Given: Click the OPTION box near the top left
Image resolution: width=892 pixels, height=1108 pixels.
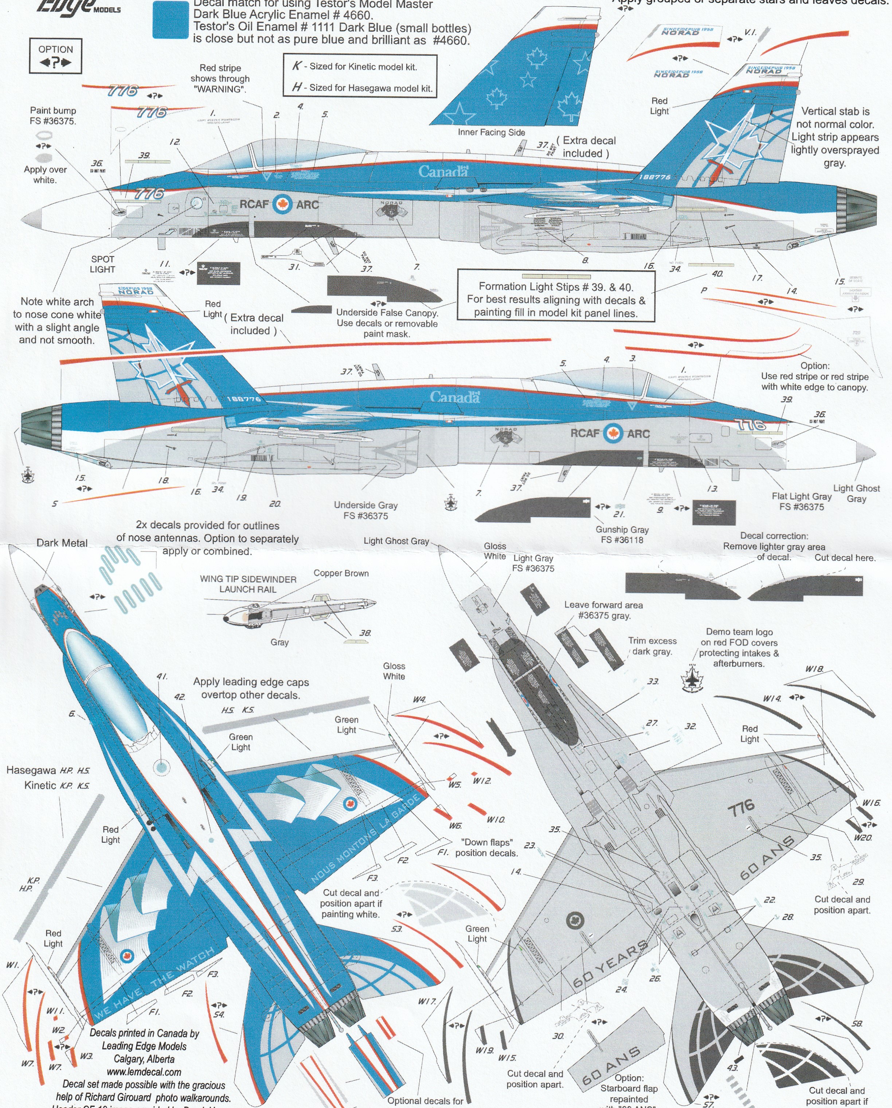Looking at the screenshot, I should (x=55, y=55).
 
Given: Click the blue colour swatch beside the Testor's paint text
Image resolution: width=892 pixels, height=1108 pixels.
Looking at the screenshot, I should (x=171, y=20).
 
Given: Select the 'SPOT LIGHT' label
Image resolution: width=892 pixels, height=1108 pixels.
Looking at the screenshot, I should (x=102, y=264).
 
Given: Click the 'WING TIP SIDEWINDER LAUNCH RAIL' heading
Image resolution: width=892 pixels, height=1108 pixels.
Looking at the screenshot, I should (x=248, y=584).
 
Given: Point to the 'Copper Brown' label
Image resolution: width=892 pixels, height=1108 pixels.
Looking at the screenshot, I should (x=341, y=573).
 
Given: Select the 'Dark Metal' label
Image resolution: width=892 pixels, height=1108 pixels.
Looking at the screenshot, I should (x=62, y=543).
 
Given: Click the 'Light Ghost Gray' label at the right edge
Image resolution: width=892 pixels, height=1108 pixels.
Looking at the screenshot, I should (x=856, y=493).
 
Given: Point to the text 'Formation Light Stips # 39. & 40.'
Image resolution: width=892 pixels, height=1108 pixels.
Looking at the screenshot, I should (x=556, y=287).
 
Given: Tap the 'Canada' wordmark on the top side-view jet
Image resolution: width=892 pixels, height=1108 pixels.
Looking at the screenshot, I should (x=443, y=172).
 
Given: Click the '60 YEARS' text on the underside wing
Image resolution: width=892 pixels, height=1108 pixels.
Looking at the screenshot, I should (x=609, y=965).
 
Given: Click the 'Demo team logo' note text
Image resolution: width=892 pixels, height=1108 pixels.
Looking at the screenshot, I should (x=739, y=632).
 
